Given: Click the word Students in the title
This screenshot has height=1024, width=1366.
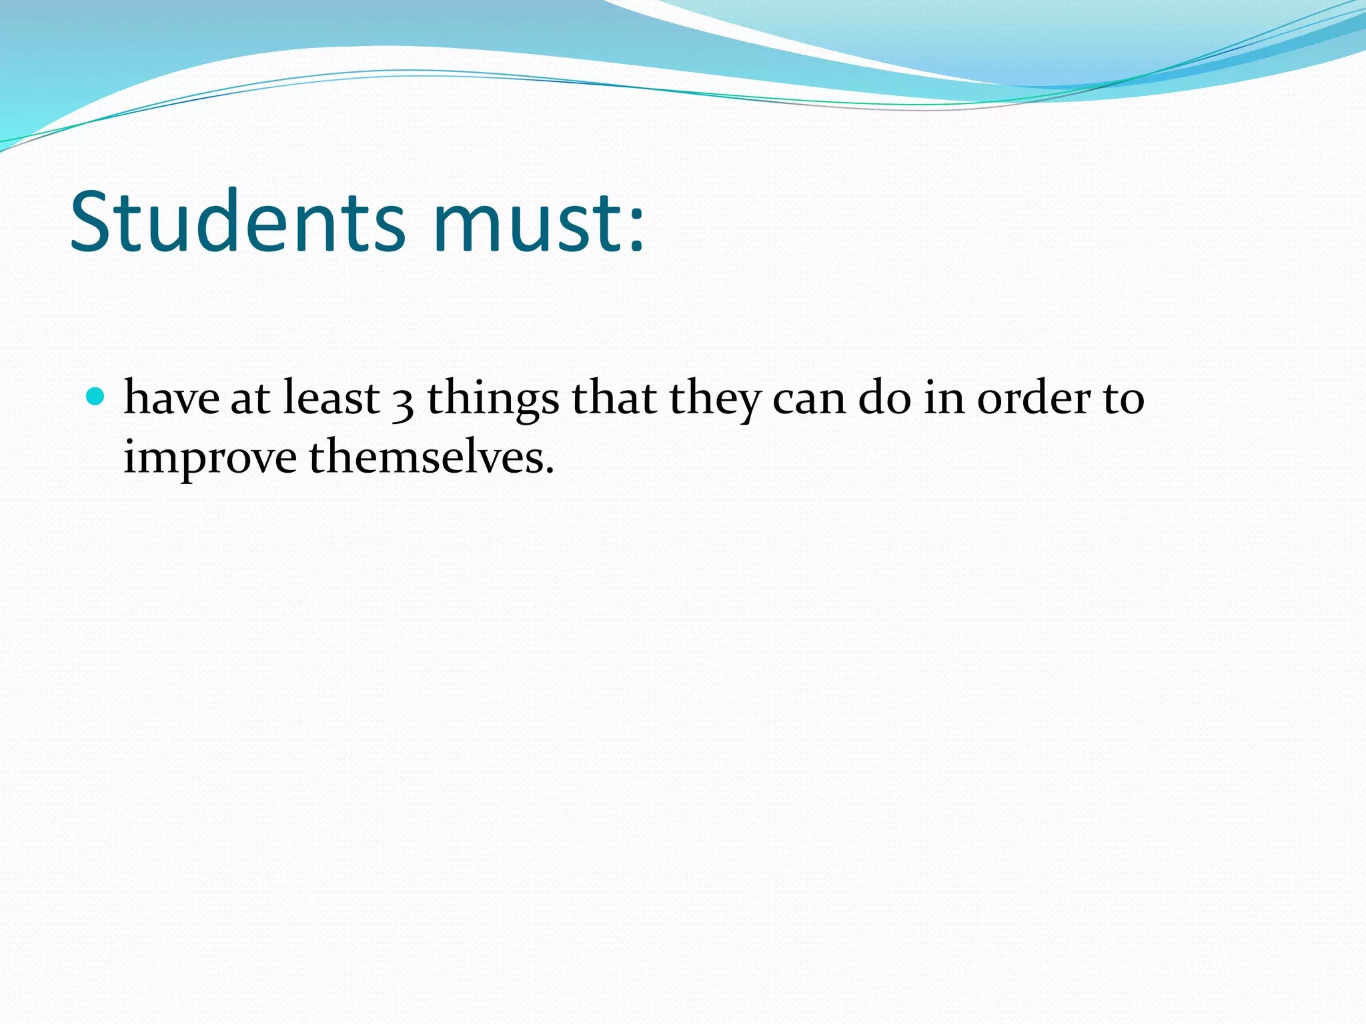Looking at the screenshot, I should pos(237,221).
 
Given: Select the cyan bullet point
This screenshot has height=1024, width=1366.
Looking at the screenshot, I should pos(96,397).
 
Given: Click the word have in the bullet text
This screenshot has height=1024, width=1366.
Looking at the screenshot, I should pos(171,398).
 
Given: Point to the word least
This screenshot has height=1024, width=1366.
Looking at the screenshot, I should pos(331,398).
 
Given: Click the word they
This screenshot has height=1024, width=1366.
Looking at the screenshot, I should pos(714,400).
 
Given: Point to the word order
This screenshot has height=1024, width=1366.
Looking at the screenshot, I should pos(1034,398).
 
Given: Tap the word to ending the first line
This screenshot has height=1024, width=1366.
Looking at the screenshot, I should pos(1124,400).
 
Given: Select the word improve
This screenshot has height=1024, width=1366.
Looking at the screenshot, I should pos(210,460).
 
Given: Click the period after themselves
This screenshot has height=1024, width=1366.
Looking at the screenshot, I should pos(550,471).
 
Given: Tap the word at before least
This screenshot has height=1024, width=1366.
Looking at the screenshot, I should pos(250,400).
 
